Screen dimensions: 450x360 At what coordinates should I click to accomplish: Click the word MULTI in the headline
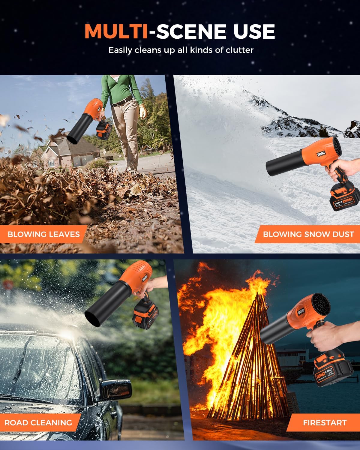click(116, 31)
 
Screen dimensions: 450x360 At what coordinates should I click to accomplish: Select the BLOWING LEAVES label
click(44, 234)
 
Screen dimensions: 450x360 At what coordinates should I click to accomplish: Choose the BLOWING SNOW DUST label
click(308, 234)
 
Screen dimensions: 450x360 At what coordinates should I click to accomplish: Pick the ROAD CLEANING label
click(38, 423)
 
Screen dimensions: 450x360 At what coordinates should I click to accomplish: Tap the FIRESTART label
click(325, 423)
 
